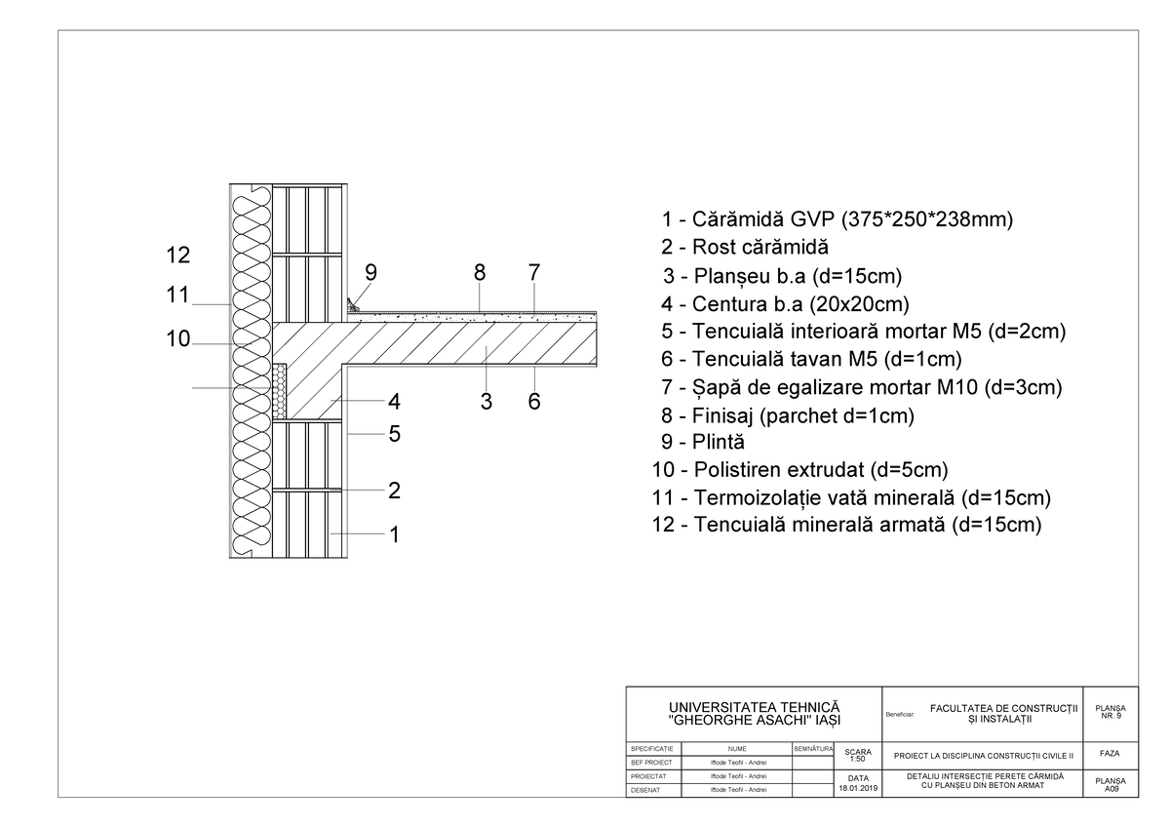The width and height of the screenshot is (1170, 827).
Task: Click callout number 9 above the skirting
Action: tap(370, 271)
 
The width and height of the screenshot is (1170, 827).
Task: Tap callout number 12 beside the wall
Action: tap(177, 256)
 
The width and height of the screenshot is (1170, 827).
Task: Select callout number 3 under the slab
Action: tap(485, 401)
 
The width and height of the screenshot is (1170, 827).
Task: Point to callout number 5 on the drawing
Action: tap(394, 434)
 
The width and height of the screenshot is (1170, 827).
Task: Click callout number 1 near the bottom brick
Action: tap(394, 534)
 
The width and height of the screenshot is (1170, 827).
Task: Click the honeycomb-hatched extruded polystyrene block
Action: tap(281, 391)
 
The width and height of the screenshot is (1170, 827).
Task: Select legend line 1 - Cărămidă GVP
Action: tap(837, 219)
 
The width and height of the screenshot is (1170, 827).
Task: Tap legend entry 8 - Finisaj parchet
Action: tap(788, 415)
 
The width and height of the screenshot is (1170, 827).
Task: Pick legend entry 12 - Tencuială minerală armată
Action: tap(846, 526)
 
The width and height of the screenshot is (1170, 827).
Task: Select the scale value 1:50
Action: tap(858, 759)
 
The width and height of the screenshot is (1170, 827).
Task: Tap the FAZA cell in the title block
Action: tap(1110, 754)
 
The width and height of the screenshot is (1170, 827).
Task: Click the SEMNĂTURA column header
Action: tap(812, 748)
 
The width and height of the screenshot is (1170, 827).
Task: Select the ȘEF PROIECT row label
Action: tap(651, 762)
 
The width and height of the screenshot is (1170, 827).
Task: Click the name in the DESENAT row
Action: tap(738, 790)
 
